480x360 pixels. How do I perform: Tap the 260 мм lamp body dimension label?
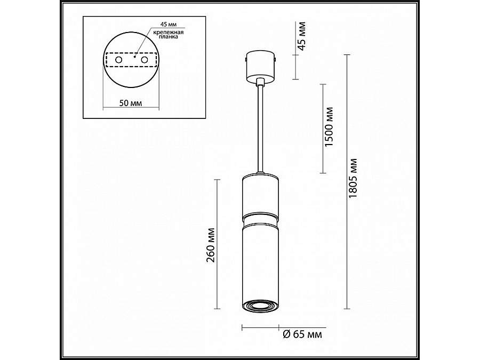tap(211, 244)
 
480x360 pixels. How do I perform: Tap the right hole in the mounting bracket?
tap(144, 61)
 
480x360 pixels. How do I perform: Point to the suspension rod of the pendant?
tap(260, 128)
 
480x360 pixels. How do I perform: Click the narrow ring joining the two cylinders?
tap(260, 218)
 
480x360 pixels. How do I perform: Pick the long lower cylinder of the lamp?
tap(260, 261)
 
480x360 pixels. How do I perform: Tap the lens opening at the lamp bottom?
tap(260, 305)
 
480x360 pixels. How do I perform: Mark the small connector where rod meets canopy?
tap(260, 82)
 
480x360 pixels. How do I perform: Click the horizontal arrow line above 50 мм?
tap(130, 109)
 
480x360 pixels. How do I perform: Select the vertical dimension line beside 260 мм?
tap(218, 244)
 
